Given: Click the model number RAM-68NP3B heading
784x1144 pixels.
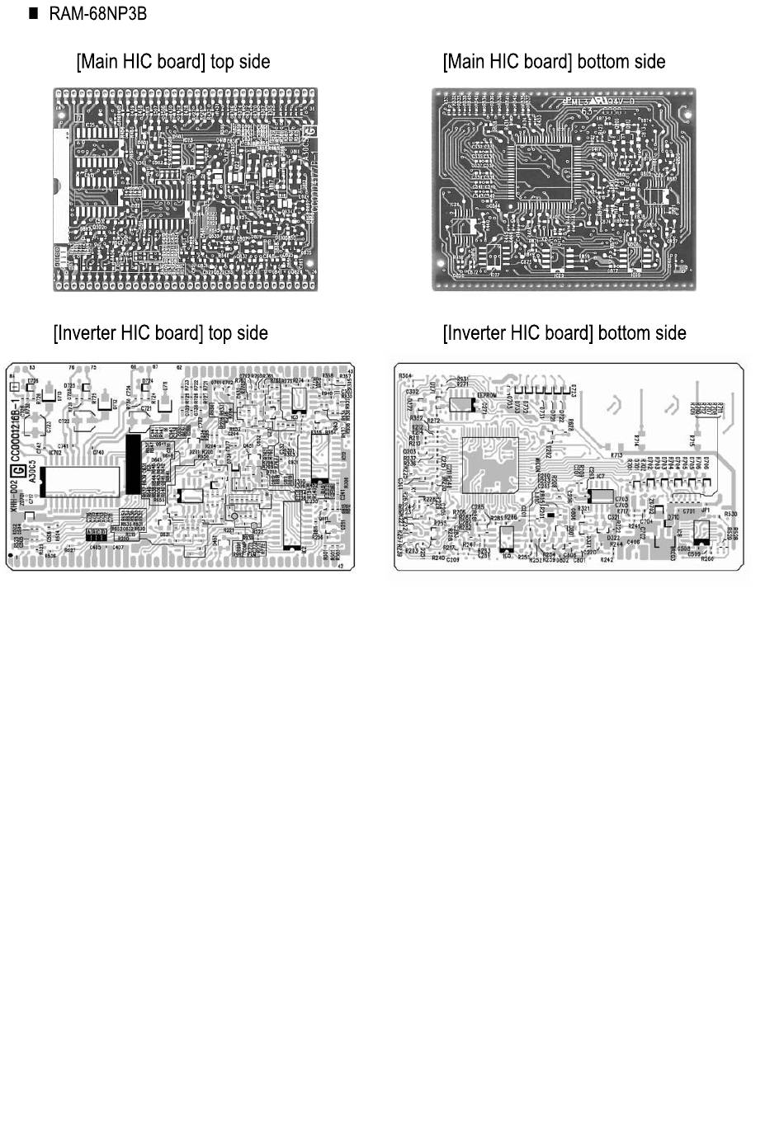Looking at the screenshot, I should coord(97,14).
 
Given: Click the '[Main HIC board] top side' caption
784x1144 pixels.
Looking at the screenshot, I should coord(173,62).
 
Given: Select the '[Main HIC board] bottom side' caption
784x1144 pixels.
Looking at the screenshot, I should coord(554,62).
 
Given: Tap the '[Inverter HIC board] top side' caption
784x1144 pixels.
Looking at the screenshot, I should coord(161,333).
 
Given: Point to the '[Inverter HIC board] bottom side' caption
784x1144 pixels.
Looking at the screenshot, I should coord(564,333).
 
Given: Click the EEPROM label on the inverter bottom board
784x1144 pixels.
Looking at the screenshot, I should coord(487,396).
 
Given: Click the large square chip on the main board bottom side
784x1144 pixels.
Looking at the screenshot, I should coord(541,174).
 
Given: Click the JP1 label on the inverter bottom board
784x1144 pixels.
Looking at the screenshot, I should coord(706,511).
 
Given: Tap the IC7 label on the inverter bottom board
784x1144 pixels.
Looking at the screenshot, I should coord(601,477).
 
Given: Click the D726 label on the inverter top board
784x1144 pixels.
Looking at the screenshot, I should coord(33,380).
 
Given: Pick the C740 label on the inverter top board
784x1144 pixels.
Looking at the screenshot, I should coord(98,453).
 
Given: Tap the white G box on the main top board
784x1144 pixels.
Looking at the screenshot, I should coord(311,131).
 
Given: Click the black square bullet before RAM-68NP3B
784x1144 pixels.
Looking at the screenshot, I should coord(34,14).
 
